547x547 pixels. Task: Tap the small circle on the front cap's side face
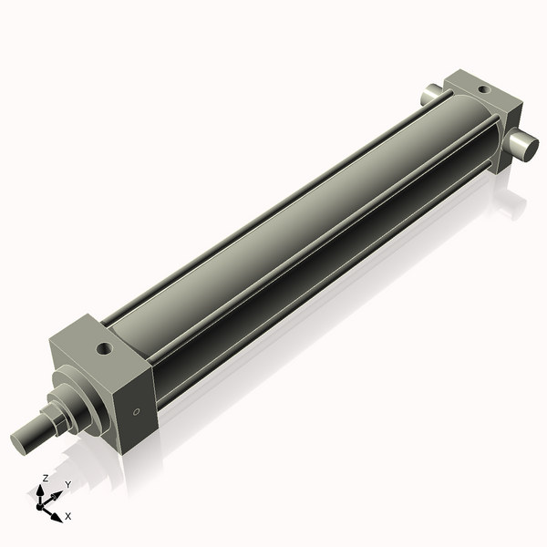click(137, 412)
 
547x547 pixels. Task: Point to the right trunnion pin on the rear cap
click(521, 143)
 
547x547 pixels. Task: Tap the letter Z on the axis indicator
click(45, 478)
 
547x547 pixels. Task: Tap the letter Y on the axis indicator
click(68, 484)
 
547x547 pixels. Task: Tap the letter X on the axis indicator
click(68, 516)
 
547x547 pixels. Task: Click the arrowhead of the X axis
click(57, 515)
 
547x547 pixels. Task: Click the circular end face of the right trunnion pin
click(528, 147)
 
